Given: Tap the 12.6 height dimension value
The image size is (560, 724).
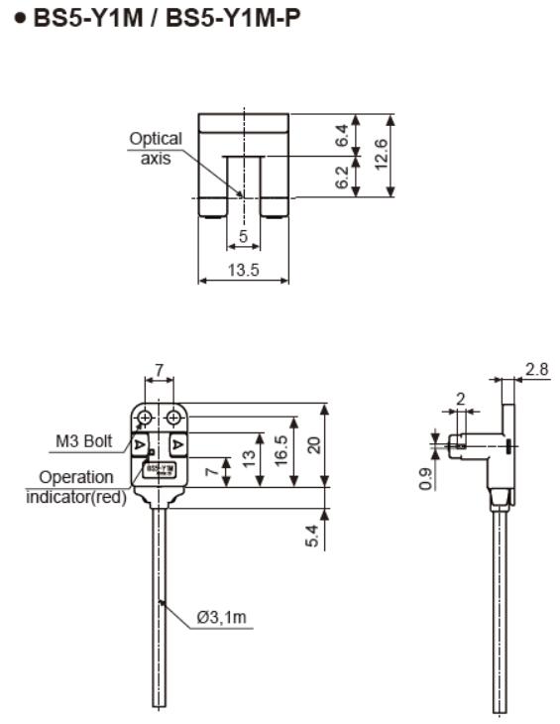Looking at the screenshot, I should click(x=381, y=155).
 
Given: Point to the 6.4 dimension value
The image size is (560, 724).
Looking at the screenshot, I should click(x=342, y=137).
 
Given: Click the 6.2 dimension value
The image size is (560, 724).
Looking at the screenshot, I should click(x=342, y=179).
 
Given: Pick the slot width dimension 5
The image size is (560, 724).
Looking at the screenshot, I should click(x=243, y=238).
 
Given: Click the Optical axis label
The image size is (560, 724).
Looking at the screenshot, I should click(x=156, y=148).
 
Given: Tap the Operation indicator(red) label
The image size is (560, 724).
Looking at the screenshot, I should click(x=76, y=487).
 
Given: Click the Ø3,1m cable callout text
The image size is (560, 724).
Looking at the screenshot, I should click(x=221, y=618).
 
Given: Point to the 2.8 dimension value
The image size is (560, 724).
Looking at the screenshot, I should click(x=536, y=369).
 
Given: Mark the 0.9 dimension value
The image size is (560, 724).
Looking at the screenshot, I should click(x=426, y=478).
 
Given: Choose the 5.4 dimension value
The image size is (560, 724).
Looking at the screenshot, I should click(x=313, y=536).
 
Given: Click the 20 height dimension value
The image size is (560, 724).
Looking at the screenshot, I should click(x=315, y=444).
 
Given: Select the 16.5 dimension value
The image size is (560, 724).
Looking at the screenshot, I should click(x=281, y=451).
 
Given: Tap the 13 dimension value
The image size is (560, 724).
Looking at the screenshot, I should click(x=247, y=459).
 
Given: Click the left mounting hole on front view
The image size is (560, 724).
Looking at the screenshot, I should click(x=145, y=417).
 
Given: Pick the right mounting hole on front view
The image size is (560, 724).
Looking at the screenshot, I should click(x=173, y=417).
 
